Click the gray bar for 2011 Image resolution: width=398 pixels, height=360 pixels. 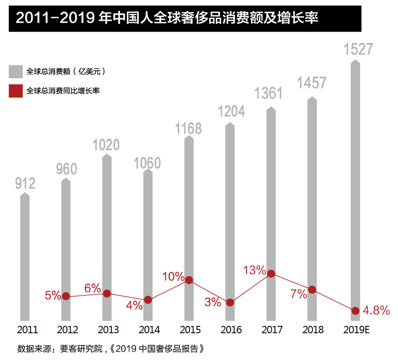coord(25,257)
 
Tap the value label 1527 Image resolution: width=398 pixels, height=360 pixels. coord(358,50)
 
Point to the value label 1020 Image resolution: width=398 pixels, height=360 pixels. coord(106,145)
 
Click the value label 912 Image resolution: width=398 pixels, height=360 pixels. coord(25,184)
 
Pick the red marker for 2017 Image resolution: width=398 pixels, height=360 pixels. coord(271,273)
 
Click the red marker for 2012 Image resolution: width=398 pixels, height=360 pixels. coord(66,297)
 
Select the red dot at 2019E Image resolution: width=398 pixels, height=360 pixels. coord(354,311)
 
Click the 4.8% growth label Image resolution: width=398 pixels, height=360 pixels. coord(376,311)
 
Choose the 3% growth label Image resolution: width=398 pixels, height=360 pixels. coord(212,302)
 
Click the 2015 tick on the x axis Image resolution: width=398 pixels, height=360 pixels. coord(190,330)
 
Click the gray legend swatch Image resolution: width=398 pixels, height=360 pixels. coord(16,71)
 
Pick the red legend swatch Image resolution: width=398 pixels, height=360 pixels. coord(16,91)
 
